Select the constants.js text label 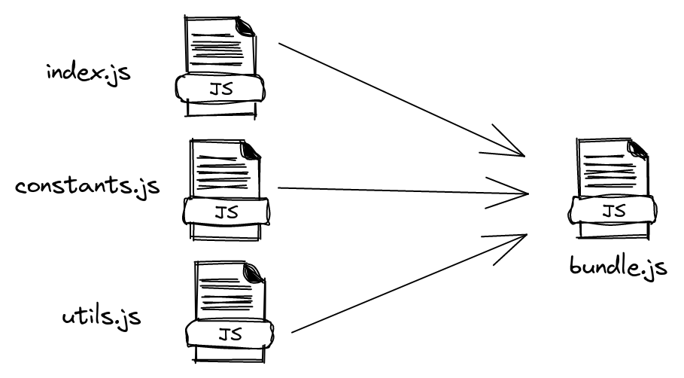coord(87,184)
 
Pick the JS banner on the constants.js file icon coord(224,212)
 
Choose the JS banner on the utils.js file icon coord(231,334)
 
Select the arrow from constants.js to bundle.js coord(391,190)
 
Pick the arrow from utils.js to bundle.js coord(399,287)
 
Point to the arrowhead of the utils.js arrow coord(519,239)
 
